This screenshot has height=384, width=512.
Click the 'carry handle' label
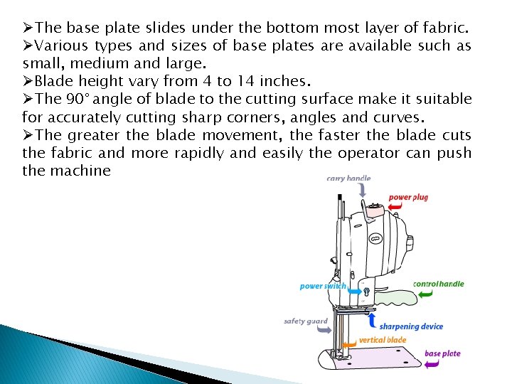click(x=348, y=178)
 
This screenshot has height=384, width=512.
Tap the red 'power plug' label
click(x=408, y=197)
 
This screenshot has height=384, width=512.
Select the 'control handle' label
click(x=438, y=284)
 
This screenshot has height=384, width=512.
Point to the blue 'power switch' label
click(x=322, y=286)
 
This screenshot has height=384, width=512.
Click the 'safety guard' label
click(x=306, y=321)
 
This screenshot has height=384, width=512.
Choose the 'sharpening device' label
click(x=411, y=326)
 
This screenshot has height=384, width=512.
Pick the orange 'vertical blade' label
click(x=383, y=340)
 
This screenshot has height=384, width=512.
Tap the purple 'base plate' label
click(x=442, y=353)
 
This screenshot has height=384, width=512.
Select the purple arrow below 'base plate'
click(x=432, y=364)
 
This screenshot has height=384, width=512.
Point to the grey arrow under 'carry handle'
click(x=363, y=190)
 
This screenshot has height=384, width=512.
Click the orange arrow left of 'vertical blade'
click(x=349, y=343)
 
